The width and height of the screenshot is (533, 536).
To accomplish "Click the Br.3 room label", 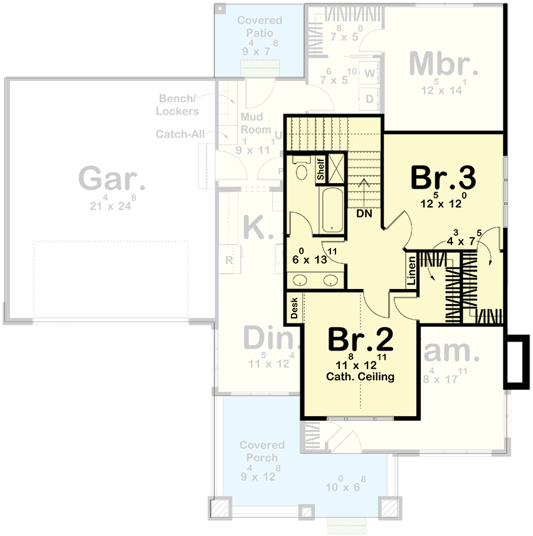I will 443,177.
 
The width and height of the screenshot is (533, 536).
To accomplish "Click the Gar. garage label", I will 112,179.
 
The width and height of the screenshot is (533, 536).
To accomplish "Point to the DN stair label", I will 364,213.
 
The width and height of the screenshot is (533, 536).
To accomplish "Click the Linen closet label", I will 412,271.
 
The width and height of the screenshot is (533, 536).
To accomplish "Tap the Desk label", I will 293,308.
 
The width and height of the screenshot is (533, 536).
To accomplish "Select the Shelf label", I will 320,169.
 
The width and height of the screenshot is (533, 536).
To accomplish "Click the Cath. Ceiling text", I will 360,377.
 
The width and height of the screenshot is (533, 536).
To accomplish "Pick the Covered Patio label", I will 260,26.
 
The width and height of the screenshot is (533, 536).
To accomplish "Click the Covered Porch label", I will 261,451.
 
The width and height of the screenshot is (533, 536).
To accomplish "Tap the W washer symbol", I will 369,74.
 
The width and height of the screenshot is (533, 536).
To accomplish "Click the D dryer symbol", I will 369,98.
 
